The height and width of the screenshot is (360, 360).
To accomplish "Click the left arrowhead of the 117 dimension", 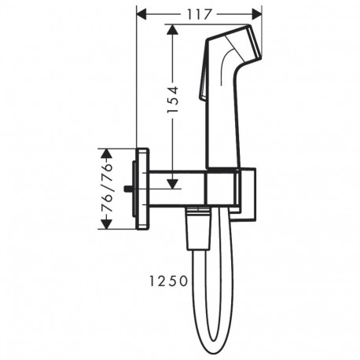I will [x=143, y=13].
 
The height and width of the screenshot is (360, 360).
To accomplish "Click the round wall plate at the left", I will [x=144, y=188].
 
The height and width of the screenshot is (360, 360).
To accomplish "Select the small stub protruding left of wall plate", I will [x=134, y=188].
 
